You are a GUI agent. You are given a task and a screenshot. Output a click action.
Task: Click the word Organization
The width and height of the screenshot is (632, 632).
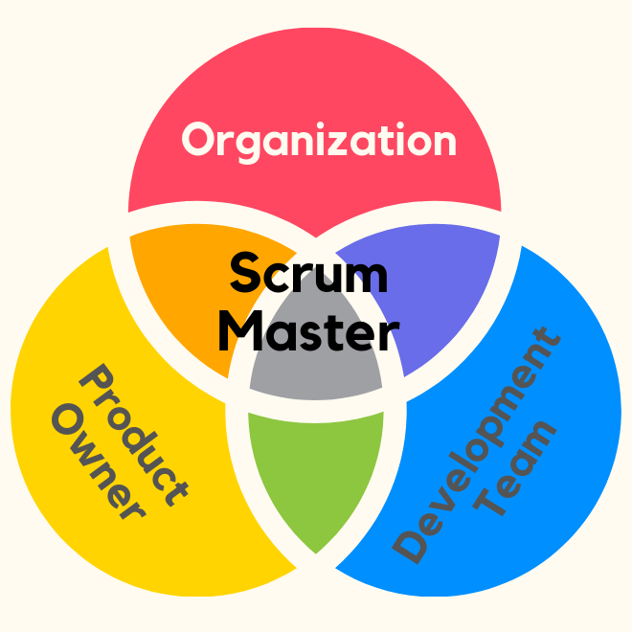(x=319, y=141)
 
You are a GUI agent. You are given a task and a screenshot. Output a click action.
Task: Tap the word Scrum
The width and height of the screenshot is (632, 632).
(x=308, y=275)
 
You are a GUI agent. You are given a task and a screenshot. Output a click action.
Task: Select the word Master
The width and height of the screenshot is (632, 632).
(x=307, y=331)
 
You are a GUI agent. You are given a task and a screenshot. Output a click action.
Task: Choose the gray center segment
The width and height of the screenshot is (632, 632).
(x=316, y=373)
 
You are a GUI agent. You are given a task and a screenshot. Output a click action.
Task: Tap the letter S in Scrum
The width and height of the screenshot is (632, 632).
(x=245, y=275)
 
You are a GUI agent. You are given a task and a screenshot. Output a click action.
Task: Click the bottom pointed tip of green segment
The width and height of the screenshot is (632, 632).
(x=316, y=552)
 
